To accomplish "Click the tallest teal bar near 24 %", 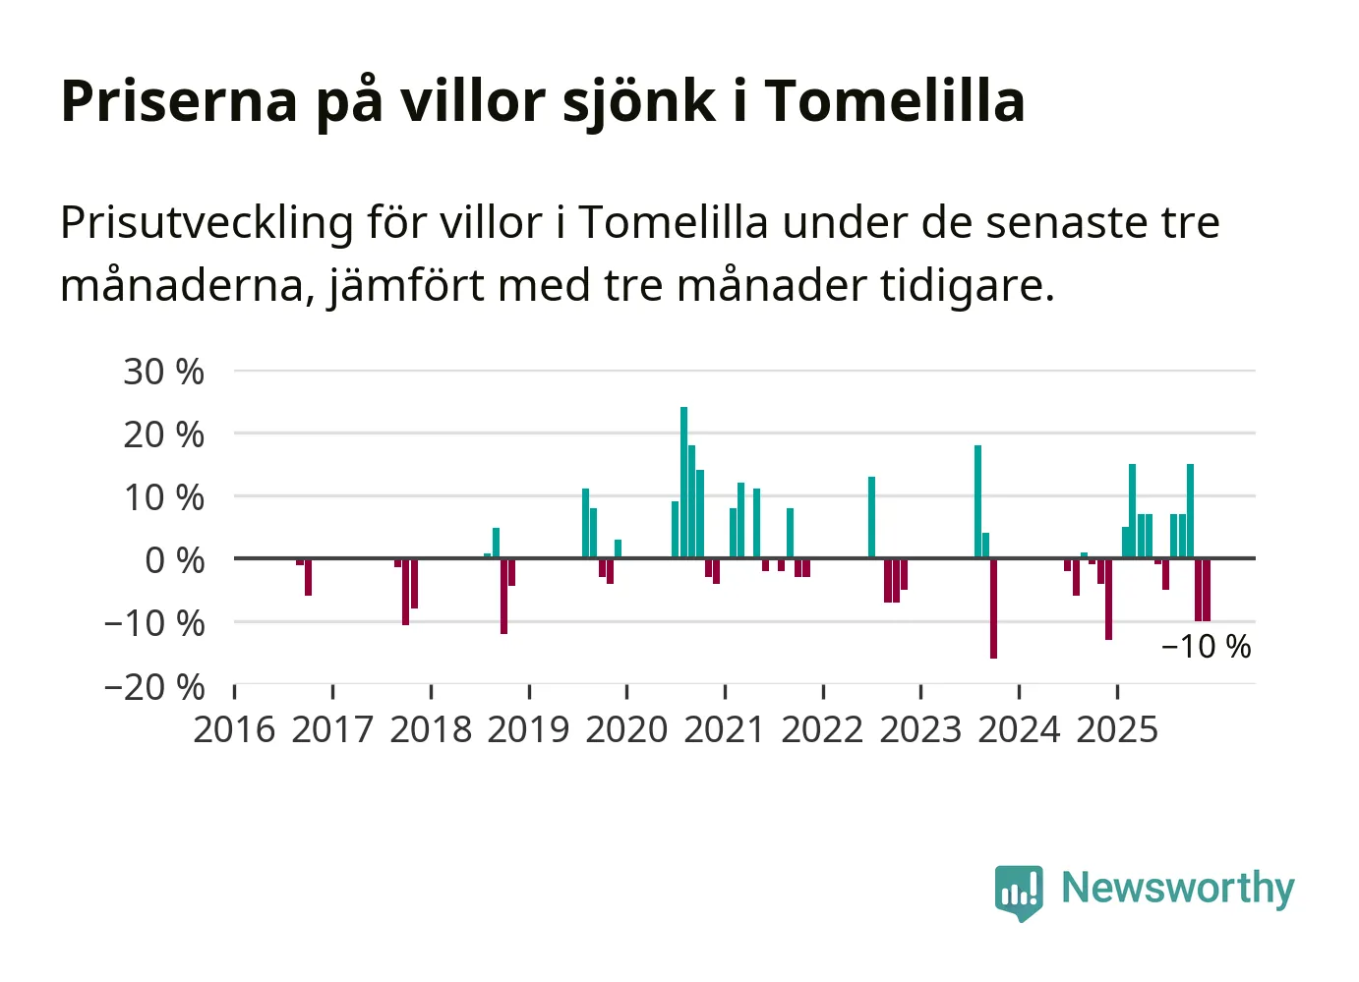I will coord(683,482).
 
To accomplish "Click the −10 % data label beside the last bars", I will coord(1206,647).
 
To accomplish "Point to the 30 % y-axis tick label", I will coord(163,372).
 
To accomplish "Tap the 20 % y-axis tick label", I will coord(163,434).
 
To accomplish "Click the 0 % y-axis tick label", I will coord(174,560).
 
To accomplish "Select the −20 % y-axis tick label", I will coord(154,686).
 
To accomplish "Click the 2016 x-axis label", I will coord(234,730).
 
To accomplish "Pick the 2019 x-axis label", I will coord(528,730).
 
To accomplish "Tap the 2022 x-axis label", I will coord(822,730).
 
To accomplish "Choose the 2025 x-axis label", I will coord(1117,730).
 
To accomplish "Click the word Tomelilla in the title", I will coord(894,100).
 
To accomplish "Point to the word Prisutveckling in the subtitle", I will coord(207,223).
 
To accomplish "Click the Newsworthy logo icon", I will coord(1018,892).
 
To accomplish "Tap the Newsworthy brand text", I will coord(1177,888).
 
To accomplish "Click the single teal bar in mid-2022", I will coord(871,517).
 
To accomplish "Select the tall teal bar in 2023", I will coord(977,501).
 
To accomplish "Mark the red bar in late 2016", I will coord(308,577).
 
